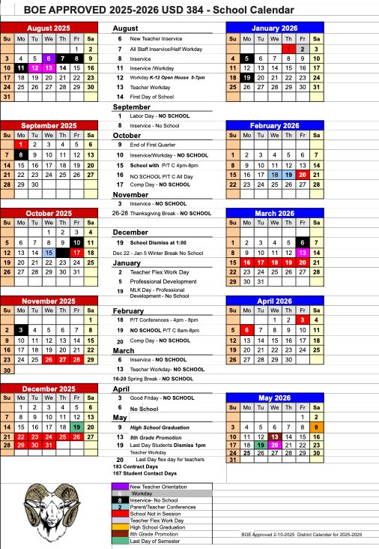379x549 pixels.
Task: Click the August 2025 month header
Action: point(50,27)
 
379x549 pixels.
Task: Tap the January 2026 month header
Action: point(275,27)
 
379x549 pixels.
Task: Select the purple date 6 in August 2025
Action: point(49,58)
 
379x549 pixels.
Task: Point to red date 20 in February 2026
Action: point(303,174)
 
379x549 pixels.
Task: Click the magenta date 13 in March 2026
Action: point(303,253)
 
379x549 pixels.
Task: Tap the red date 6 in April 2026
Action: point(246,329)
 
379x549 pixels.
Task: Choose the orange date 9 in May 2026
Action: point(318,426)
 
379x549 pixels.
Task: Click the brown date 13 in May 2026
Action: point(275,436)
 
